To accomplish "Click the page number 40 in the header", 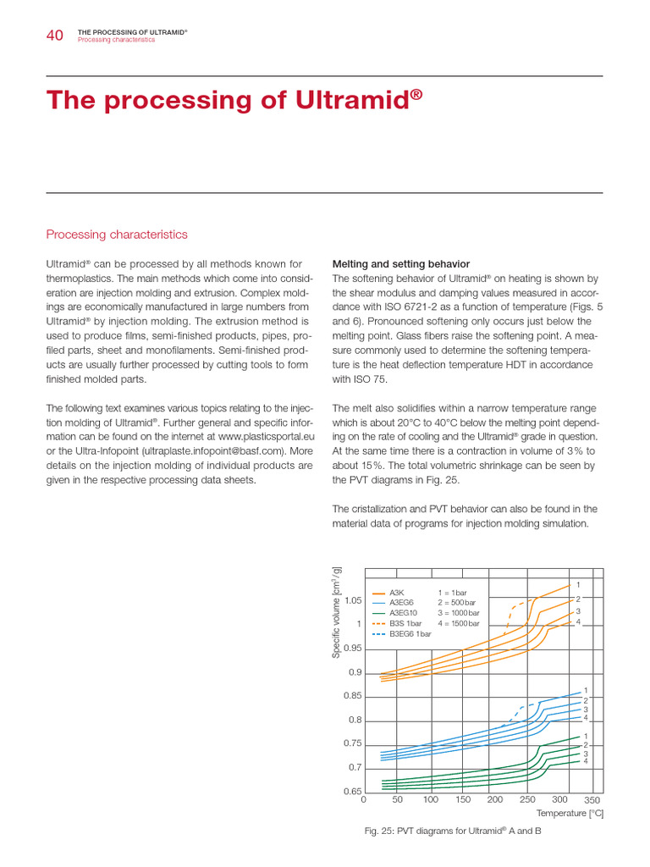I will point(54,35).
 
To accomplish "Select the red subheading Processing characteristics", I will point(117,235).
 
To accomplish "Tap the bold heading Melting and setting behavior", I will point(401,264).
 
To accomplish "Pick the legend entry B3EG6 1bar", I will point(410,633).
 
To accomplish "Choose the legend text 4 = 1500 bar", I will point(459,623).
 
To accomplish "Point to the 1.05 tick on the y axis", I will point(353,600).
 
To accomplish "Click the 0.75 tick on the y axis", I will point(353,743).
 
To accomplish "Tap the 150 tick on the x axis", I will point(463,799).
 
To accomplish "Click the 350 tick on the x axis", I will point(592,800).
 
